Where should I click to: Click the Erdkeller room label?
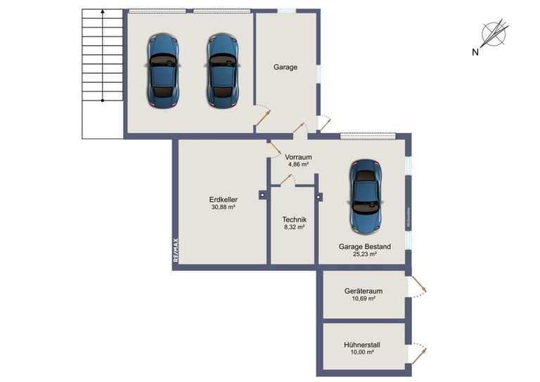(223, 199)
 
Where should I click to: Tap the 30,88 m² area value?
(223, 208)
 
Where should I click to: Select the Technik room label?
(294, 219)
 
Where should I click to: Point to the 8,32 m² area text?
(294, 227)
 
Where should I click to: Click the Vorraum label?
(299, 157)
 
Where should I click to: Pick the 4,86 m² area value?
(299, 165)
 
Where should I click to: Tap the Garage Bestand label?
(364, 246)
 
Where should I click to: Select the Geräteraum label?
(363, 291)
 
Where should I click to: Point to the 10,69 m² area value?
(363, 299)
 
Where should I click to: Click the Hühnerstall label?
(362, 345)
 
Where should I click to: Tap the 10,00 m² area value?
(362, 352)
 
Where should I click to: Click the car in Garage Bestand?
(365, 196)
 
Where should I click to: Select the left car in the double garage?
(163, 70)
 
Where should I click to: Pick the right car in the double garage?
(223, 70)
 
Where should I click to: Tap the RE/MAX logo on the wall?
(176, 250)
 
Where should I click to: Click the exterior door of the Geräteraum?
(416, 286)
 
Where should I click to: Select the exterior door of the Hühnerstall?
(416, 352)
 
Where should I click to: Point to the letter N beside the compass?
(475, 51)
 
